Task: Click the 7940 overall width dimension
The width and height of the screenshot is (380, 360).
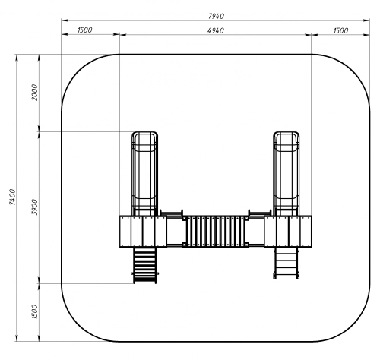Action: point(216,16)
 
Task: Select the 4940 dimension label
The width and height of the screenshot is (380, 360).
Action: point(216,30)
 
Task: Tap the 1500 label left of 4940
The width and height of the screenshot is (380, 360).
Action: point(85,30)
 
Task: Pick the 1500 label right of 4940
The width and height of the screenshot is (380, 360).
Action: point(340,30)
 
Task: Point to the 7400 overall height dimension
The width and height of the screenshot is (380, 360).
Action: point(12,197)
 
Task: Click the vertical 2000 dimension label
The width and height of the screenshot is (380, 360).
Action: point(34,93)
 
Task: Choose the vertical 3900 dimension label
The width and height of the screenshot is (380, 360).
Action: point(34,207)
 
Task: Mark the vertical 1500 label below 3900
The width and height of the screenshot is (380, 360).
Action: point(34,311)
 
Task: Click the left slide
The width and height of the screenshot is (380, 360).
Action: point(144,174)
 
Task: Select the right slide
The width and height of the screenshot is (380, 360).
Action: point(287,174)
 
